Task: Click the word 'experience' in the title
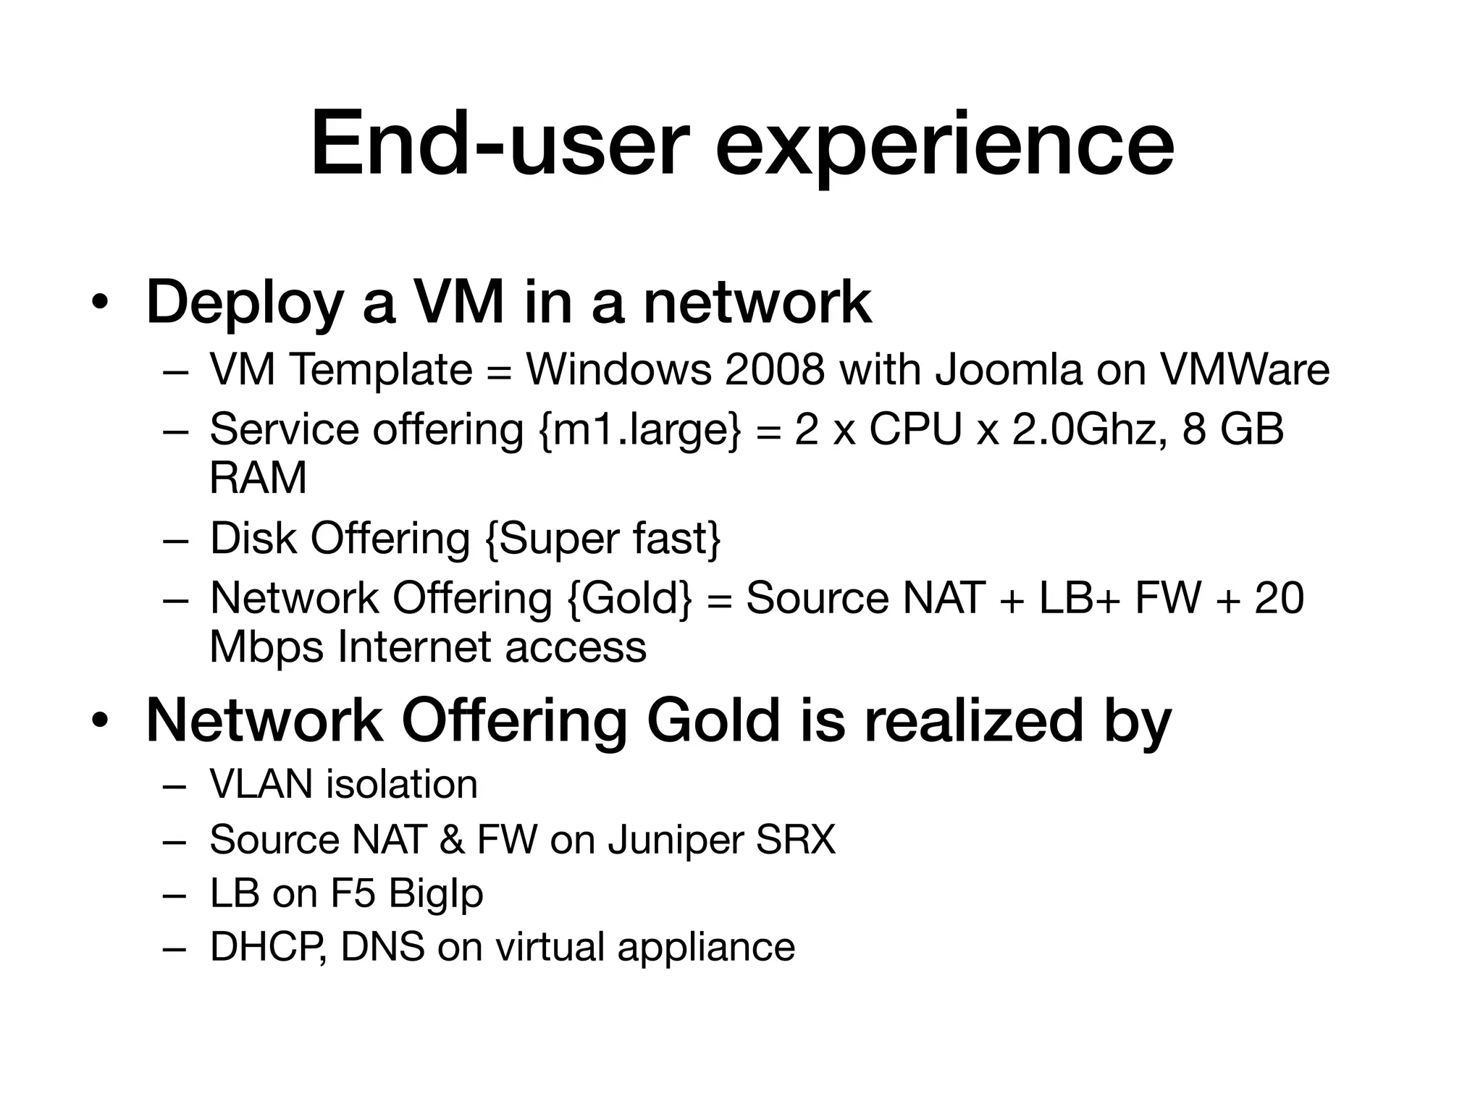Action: tap(945, 145)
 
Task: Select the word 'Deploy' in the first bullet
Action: tap(244, 303)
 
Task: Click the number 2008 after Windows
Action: tap(774, 370)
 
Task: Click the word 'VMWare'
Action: tap(1245, 370)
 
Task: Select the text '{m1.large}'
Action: tap(640, 429)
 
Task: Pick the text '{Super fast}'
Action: tap(603, 539)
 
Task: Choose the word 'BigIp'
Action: tap(435, 893)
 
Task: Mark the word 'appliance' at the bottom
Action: tap(706, 947)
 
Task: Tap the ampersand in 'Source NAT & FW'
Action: tap(451, 840)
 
